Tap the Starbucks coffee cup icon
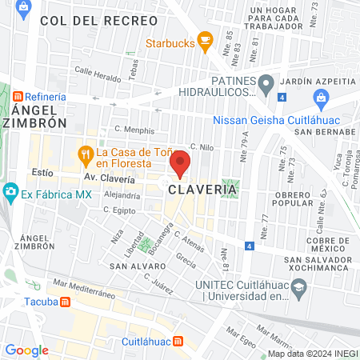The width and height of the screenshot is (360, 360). pos(205,38)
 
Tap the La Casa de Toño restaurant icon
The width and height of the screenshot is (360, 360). pos(83,152)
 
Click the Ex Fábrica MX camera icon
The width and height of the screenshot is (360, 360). pos(10,192)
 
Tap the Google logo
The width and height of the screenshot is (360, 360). pos(26,350)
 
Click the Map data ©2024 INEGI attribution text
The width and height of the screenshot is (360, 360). pos(312,354)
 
